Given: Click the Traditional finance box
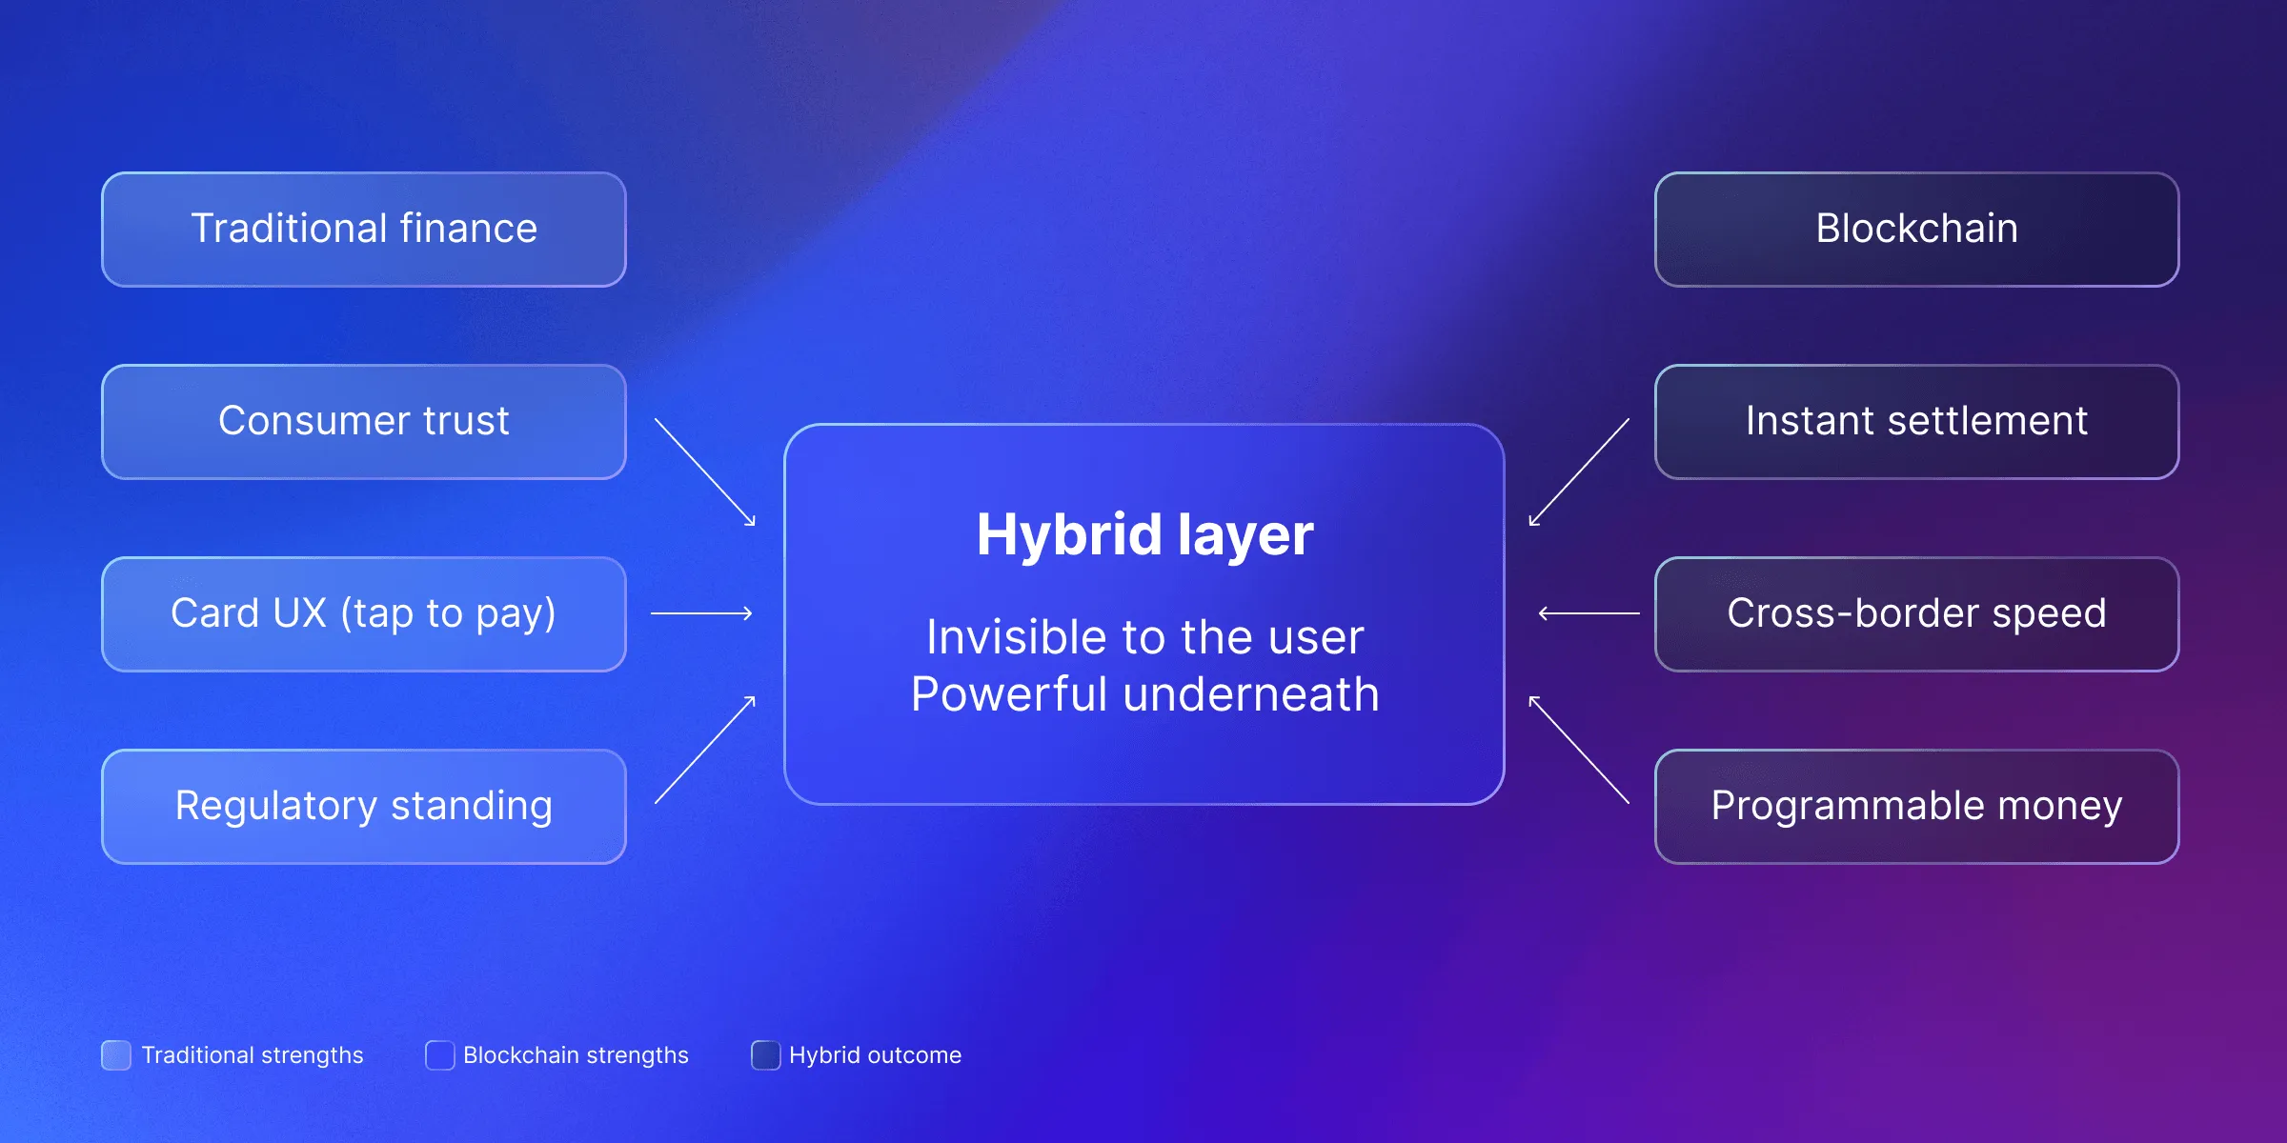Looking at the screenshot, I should click(x=363, y=230).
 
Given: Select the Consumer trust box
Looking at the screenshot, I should click(x=363, y=422).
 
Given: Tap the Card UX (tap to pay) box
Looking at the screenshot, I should click(x=363, y=614).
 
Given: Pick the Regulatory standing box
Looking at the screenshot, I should click(x=363, y=807).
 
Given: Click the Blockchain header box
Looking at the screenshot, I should click(x=1916, y=230).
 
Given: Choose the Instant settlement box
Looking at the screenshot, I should click(x=1916, y=422).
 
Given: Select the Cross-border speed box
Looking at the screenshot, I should click(x=1916, y=614).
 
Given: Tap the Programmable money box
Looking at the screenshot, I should click(x=1916, y=807).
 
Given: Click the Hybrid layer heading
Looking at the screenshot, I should click(x=1144, y=534).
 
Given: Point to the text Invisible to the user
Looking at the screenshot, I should click(x=1144, y=637).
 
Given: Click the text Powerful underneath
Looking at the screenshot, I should click(x=1144, y=694).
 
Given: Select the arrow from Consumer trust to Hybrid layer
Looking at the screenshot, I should click(x=705, y=471).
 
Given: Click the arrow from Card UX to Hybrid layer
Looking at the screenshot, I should click(x=701, y=613).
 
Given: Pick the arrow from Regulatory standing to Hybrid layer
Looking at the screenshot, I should click(x=705, y=750).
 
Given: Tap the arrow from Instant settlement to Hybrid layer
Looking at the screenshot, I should click(x=1579, y=471).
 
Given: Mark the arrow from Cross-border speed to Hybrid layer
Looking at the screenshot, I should click(x=1589, y=613).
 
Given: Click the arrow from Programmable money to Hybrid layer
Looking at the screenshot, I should click(x=1579, y=750).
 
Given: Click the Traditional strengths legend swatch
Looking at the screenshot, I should click(x=116, y=1055).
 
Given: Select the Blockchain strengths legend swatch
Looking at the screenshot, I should click(x=439, y=1055).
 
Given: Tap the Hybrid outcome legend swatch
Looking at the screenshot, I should click(x=765, y=1055).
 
